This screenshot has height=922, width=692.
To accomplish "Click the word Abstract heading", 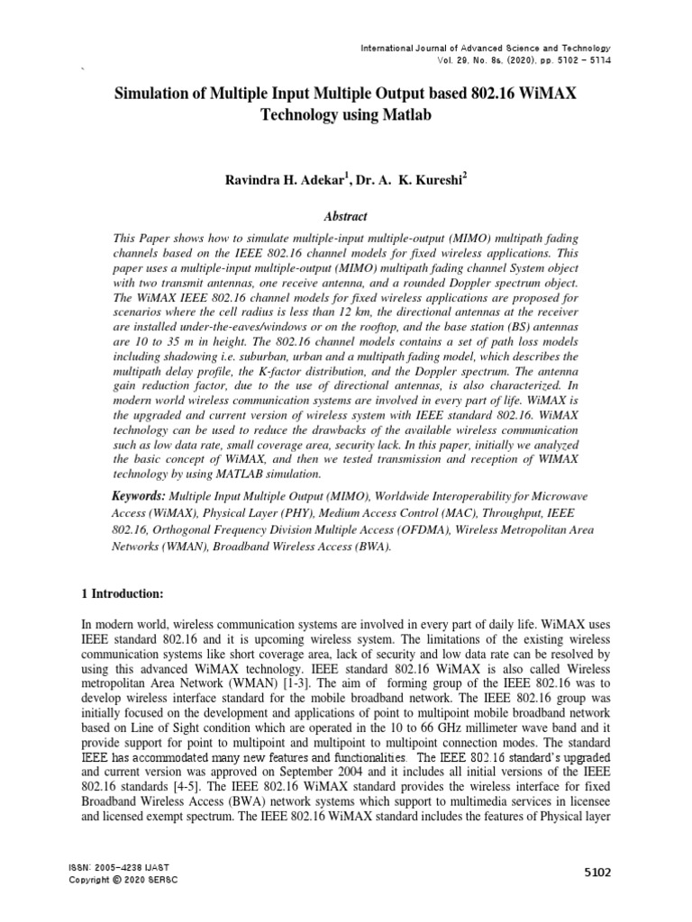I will pos(346,217).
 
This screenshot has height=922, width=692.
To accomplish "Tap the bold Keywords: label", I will pos(138,496).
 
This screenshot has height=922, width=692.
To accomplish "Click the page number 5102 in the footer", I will pos(596,872).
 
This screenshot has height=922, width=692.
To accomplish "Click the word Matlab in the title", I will pos(407,115).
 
